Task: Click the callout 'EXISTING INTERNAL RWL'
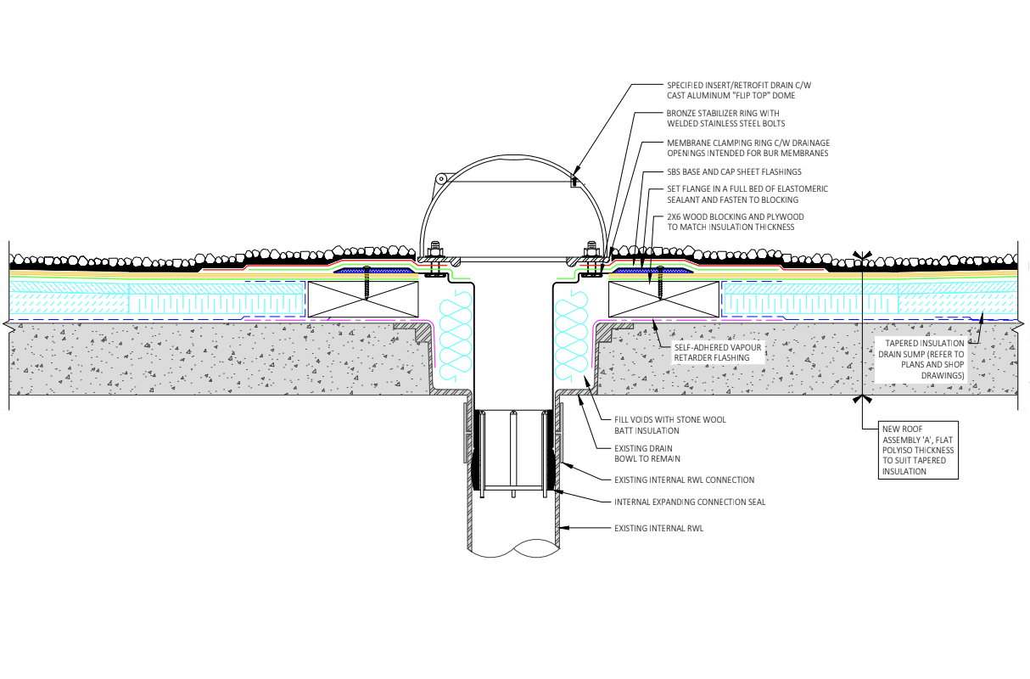[x=658, y=529]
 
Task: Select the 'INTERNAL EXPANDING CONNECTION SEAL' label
[x=690, y=502]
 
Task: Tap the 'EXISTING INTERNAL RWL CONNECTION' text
[x=684, y=480]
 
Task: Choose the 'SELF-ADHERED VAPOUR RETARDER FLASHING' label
[x=712, y=353]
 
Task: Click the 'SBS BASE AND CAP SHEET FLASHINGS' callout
[x=734, y=172]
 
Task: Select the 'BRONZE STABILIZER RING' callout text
[x=723, y=118]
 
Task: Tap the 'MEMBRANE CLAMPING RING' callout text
[x=747, y=148]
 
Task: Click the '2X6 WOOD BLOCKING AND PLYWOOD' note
[x=735, y=222]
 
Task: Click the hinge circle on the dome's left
[x=440, y=179]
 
